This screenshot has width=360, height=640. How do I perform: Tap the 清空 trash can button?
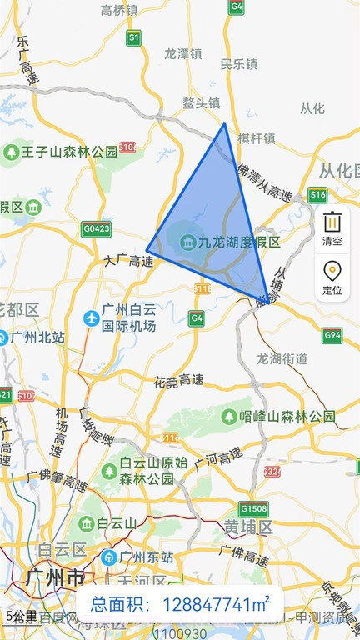coord(332,227)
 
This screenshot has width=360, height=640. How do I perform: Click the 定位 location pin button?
coord(332,277)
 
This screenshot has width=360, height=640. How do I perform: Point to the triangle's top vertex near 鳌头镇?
coord(224,124)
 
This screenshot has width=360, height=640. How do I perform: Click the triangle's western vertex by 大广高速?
coord(147,249)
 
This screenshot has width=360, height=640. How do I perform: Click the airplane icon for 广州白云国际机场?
coord(91,317)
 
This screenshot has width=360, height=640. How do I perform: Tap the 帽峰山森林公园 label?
coord(288,415)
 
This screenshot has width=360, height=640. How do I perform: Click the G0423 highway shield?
coord(96,227)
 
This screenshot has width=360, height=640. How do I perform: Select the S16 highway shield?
coord(317,194)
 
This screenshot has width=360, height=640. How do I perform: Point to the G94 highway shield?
coord(332,335)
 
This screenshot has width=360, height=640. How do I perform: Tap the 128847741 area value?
coord(215,605)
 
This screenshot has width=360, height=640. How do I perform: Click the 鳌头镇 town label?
coord(201,103)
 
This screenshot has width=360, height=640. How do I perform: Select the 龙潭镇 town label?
coord(183,52)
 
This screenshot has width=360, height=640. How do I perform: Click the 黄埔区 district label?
coord(249,527)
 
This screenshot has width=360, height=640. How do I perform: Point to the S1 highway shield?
coord(134,37)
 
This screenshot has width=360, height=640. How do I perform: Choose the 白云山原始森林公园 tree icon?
coord(109,471)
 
